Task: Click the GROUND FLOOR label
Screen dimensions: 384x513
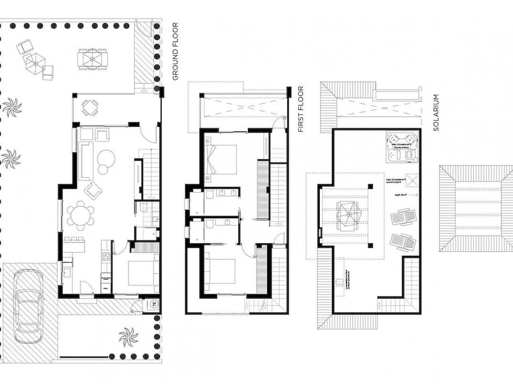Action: point(175,52)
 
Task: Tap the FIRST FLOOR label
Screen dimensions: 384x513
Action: point(301,109)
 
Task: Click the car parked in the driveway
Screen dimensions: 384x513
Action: point(28,305)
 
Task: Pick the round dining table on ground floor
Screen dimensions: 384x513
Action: point(80,215)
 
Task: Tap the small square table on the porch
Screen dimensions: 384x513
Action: point(90,108)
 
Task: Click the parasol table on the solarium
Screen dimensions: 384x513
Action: point(348,215)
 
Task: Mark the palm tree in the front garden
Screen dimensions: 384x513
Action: point(128,337)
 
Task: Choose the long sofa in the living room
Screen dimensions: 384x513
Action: point(86,160)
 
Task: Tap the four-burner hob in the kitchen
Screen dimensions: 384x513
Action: point(106,256)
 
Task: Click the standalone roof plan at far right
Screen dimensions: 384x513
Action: point(476,209)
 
